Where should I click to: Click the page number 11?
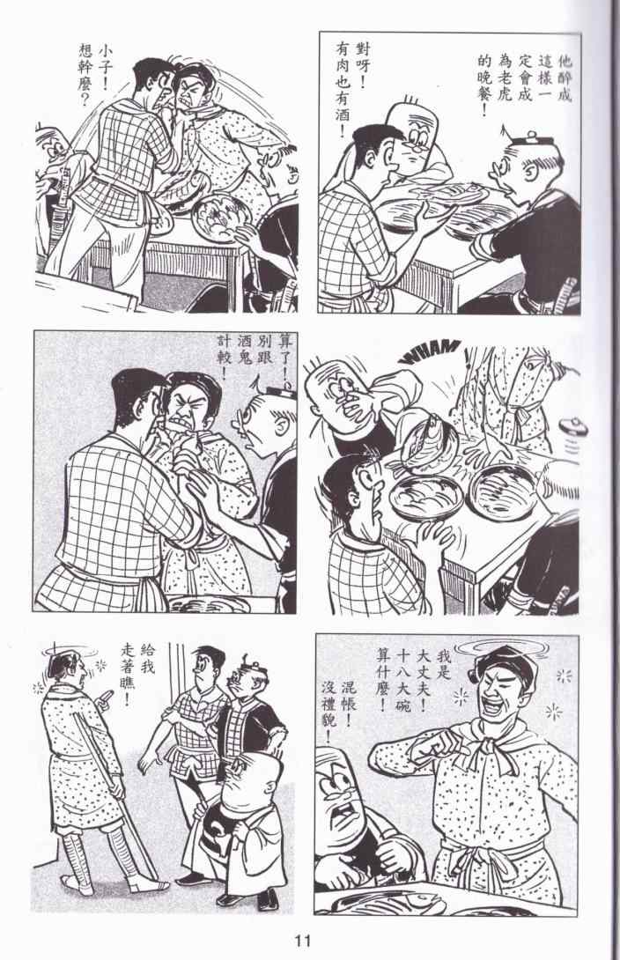pos(304,940)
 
